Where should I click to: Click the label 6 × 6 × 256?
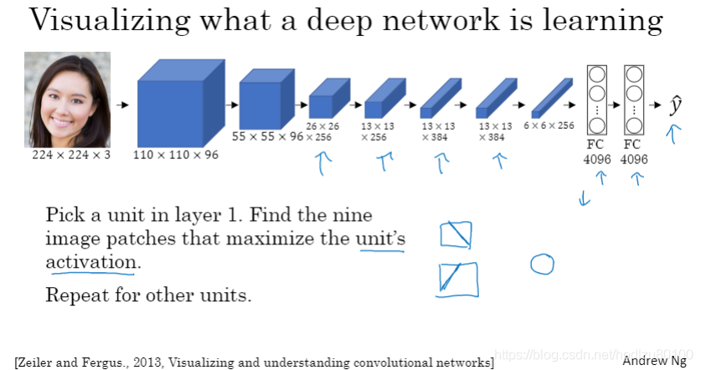pyautogui.click(x=549, y=126)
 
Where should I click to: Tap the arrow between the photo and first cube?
pyautogui.click(x=122, y=105)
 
